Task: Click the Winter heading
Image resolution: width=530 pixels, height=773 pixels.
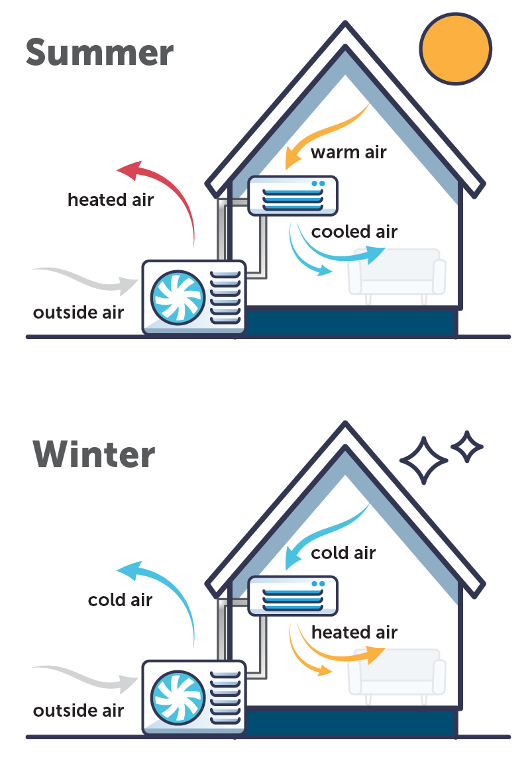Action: point(93,454)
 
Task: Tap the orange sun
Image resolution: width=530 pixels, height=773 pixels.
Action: point(455,48)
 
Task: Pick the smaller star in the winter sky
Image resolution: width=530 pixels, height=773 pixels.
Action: point(467,447)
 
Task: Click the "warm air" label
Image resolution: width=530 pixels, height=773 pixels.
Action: point(348,152)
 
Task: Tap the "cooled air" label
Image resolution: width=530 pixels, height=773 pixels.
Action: point(354,232)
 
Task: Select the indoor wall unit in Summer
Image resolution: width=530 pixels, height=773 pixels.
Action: point(292,195)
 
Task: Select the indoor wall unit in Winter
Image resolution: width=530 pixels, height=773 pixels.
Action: point(292,595)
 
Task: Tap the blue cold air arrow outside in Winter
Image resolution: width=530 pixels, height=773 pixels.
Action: point(166,590)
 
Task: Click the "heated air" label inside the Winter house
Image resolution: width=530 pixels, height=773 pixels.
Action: point(354,633)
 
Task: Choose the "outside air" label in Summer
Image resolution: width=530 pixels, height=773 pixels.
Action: point(78,312)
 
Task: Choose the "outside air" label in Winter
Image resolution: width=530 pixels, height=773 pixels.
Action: point(78,711)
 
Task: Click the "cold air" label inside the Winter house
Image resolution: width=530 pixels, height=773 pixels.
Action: point(343,552)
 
